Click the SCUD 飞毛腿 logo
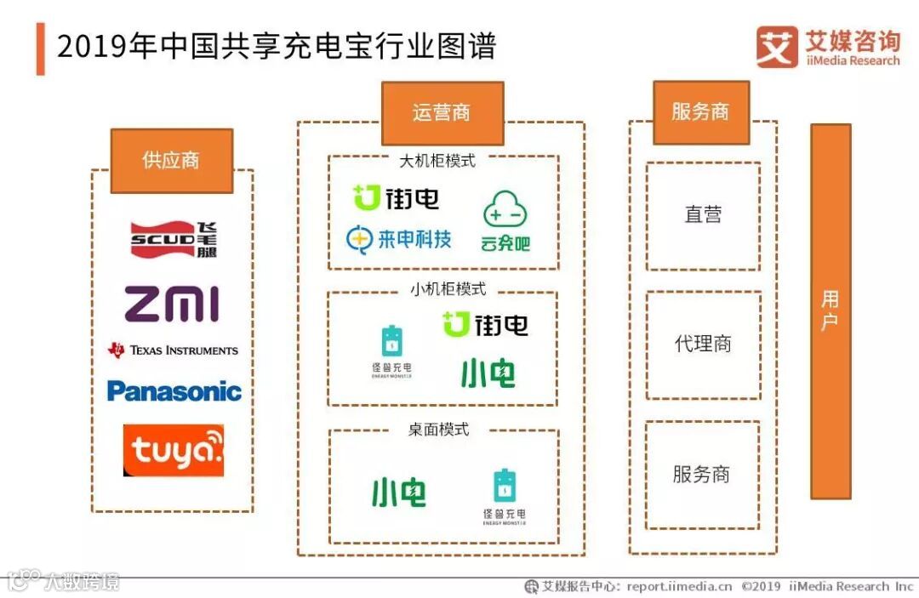[x=174, y=239]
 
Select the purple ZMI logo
[x=172, y=304]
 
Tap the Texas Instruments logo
[x=173, y=350]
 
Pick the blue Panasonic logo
[x=174, y=391]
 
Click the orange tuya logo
[x=174, y=450]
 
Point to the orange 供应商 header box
[x=171, y=161]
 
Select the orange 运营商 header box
[x=442, y=113]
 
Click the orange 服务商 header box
[x=700, y=112]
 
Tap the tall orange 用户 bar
[x=830, y=310]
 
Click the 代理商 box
[x=703, y=345]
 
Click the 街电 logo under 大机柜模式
[x=397, y=198]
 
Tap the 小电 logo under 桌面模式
[x=398, y=493]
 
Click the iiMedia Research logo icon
[x=776, y=47]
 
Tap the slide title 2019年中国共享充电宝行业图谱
[x=276, y=47]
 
